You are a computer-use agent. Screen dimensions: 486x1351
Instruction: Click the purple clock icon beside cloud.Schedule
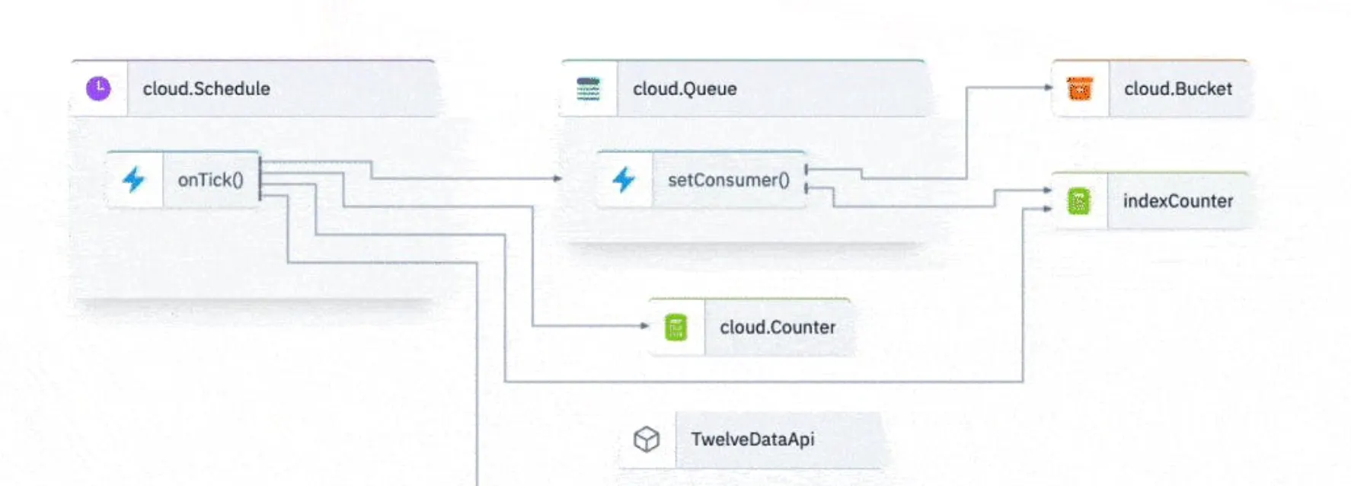click(x=98, y=88)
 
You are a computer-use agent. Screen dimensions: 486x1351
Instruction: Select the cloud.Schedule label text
click(x=206, y=89)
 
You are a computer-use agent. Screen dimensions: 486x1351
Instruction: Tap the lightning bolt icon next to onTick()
click(x=134, y=180)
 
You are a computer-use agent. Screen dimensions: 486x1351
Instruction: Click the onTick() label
click(x=210, y=181)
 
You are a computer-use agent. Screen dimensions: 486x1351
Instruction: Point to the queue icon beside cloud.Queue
click(x=588, y=89)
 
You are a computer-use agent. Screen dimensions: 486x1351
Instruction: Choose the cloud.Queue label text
click(x=685, y=89)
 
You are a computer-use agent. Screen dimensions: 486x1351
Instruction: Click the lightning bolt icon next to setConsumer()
click(x=624, y=180)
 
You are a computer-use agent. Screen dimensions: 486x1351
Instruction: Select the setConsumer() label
click(x=728, y=181)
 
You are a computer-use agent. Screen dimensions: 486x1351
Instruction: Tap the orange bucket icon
click(x=1080, y=89)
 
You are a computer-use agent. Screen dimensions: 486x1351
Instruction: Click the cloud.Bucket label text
click(x=1177, y=89)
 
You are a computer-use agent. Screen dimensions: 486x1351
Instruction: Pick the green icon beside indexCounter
click(x=1079, y=201)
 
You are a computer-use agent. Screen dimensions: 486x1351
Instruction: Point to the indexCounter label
click(x=1177, y=201)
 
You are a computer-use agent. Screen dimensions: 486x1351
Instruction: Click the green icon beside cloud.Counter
click(x=675, y=328)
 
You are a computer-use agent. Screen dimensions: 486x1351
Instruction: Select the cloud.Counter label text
click(x=778, y=328)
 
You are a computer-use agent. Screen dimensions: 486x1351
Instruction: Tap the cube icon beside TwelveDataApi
click(x=647, y=440)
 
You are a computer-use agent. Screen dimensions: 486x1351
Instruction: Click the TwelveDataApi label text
click(x=752, y=440)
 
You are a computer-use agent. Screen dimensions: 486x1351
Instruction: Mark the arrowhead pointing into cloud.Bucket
click(x=1047, y=88)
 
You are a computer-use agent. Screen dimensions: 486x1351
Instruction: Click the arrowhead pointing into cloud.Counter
click(x=644, y=326)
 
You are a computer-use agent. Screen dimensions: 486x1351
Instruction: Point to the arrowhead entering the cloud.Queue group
click(x=557, y=178)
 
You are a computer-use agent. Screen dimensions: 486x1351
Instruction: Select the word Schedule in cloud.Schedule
click(x=232, y=89)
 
